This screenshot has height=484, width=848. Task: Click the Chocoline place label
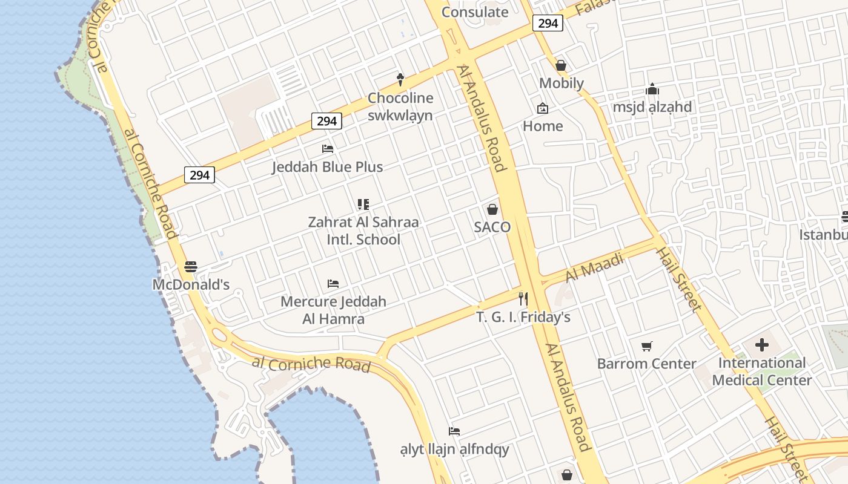pyautogui.click(x=400, y=98)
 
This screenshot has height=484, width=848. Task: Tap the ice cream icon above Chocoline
pyautogui.click(x=400, y=79)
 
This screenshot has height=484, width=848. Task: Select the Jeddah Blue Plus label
pyautogui.click(x=327, y=167)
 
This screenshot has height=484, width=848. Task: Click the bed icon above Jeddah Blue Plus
pyautogui.click(x=328, y=149)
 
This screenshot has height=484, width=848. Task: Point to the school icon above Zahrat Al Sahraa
pyautogui.click(x=363, y=204)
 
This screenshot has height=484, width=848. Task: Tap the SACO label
pyautogui.click(x=492, y=227)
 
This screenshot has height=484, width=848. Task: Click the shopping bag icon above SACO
pyautogui.click(x=492, y=210)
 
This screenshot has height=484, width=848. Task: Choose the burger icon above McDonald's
pyautogui.click(x=191, y=266)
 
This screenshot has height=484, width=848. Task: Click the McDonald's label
pyautogui.click(x=191, y=284)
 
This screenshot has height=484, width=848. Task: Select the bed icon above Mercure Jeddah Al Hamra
pyautogui.click(x=333, y=283)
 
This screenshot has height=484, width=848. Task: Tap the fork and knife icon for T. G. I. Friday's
pyautogui.click(x=523, y=299)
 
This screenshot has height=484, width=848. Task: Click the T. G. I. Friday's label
pyautogui.click(x=523, y=317)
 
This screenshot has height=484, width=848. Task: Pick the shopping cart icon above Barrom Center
pyautogui.click(x=647, y=347)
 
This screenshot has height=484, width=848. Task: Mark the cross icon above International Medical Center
pyautogui.click(x=761, y=345)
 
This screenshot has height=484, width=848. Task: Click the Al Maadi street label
pyautogui.click(x=594, y=268)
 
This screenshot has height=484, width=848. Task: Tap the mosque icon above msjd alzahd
pyautogui.click(x=652, y=90)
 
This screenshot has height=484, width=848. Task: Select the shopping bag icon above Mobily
pyautogui.click(x=561, y=65)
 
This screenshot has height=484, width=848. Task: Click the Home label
pyautogui.click(x=543, y=126)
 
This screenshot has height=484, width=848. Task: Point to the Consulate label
pyautogui.click(x=475, y=12)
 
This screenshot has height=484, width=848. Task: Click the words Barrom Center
pyautogui.click(x=647, y=364)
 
